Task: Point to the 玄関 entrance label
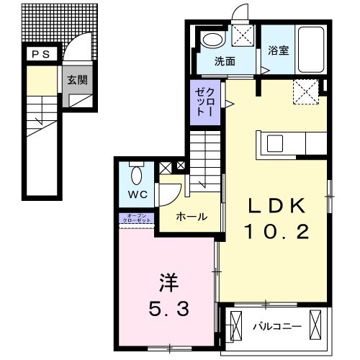click(x=77, y=80)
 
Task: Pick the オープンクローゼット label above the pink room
click(x=137, y=218)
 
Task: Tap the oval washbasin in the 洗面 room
click(x=212, y=40)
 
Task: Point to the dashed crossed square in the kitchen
click(x=305, y=91)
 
